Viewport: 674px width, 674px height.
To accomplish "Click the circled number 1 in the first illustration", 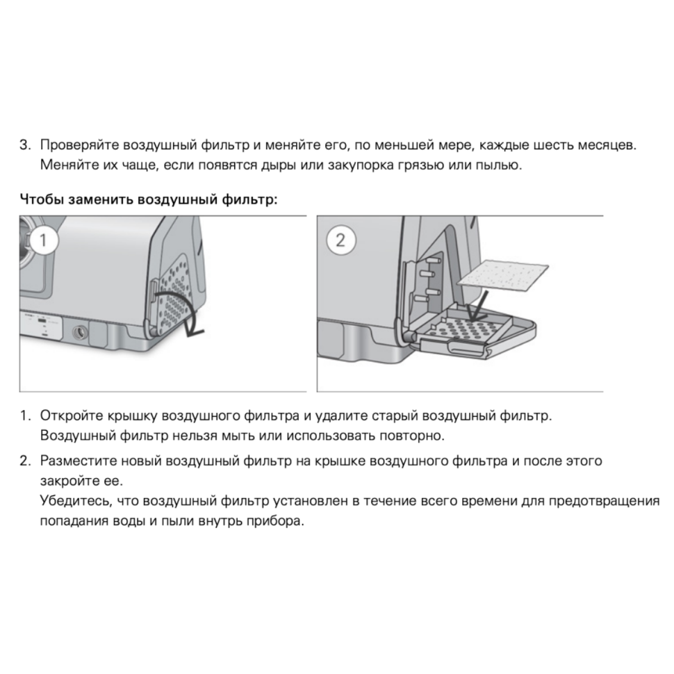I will (43, 240).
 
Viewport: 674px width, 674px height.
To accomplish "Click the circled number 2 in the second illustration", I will (340, 240).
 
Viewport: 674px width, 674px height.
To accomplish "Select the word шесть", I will (555, 147).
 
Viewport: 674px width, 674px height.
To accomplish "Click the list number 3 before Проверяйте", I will (24, 147).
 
